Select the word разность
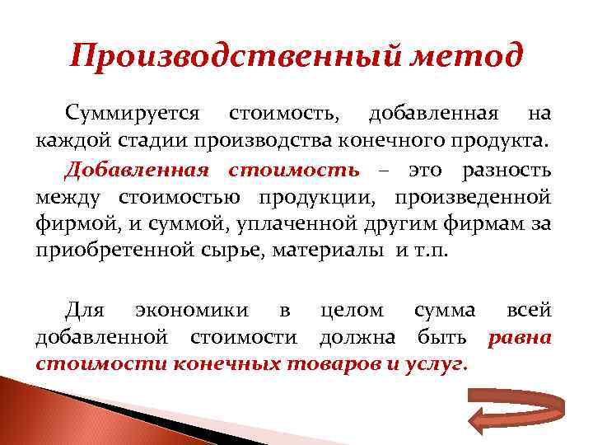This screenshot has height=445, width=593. click(x=506, y=170)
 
